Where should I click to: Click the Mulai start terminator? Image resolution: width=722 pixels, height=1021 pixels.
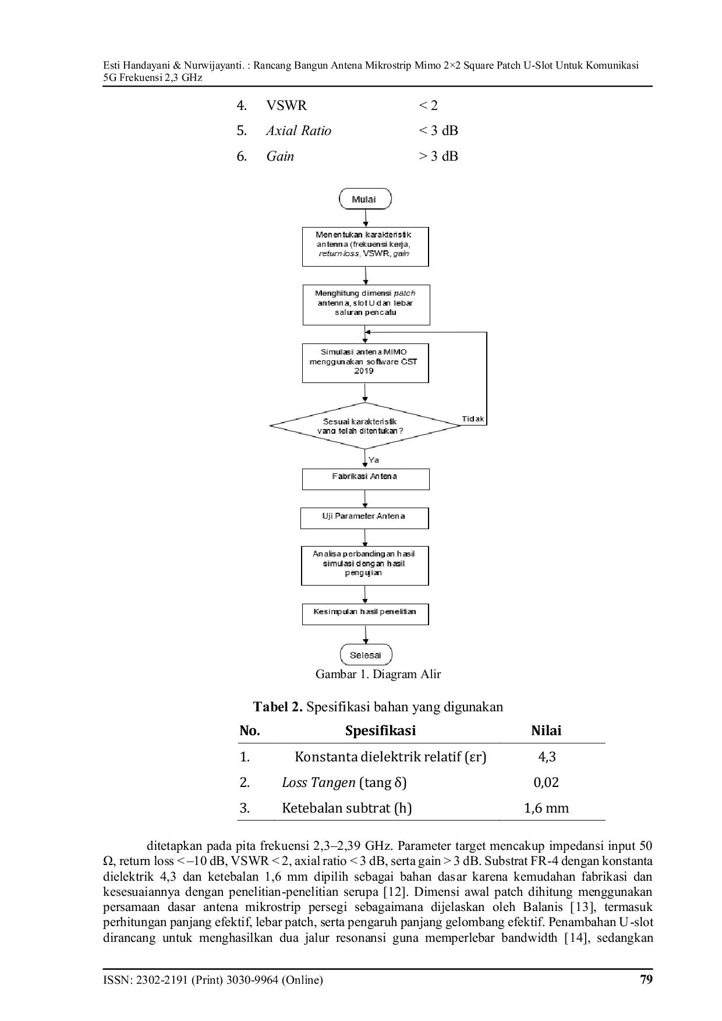point(365,199)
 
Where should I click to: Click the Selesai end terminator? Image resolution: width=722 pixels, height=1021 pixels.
point(366,655)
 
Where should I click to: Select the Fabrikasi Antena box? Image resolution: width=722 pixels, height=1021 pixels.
point(366,479)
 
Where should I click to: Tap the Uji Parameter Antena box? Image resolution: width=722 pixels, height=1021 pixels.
point(364,518)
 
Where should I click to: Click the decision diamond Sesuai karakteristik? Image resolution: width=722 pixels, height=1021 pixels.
point(365,426)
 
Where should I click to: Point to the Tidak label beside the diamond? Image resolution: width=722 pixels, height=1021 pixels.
point(473,419)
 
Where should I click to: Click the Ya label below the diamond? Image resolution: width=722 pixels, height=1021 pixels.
point(374,460)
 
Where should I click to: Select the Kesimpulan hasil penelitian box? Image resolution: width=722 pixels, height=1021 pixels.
point(365,615)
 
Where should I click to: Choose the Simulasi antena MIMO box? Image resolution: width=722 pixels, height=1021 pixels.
point(365,363)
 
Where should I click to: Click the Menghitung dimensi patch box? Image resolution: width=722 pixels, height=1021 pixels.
point(366,304)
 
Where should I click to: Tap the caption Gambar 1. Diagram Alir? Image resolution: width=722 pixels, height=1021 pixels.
point(378,674)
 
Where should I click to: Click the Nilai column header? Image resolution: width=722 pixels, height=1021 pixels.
point(546,731)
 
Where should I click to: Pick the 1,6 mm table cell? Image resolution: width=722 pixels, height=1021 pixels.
point(546,808)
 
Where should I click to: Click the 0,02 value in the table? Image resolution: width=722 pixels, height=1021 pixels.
point(546,782)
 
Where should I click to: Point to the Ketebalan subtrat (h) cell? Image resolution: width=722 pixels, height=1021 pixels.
point(347,808)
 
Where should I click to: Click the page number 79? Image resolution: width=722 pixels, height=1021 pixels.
point(646,979)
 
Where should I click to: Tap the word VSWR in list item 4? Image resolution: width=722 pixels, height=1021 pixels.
point(286,105)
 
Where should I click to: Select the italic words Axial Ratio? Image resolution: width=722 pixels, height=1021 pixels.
point(299,131)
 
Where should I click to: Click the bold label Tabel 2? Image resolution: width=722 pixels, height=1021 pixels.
point(278,707)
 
